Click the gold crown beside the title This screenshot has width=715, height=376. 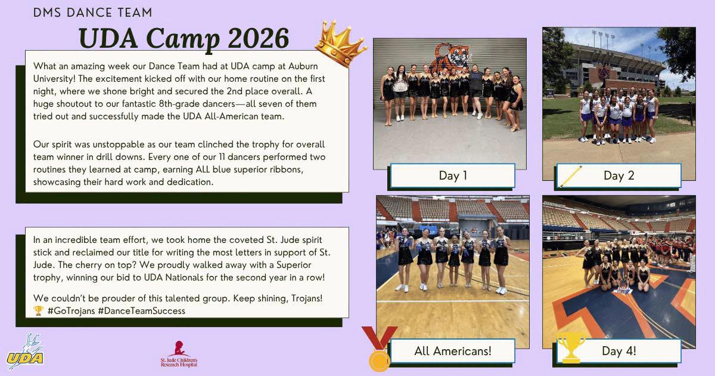[x=340, y=43]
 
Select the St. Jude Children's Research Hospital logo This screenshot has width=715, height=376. [x=179, y=354]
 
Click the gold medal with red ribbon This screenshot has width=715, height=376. [x=380, y=349]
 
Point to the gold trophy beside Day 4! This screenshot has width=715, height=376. [x=571, y=347]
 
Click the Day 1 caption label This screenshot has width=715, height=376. [x=453, y=175]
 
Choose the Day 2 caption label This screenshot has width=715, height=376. [x=618, y=175]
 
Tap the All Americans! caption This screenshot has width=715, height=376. [x=453, y=351]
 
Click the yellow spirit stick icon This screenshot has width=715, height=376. [x=571, y=177]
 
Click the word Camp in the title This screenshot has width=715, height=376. [x=183, y=40]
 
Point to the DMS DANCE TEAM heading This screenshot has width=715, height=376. [x=92, y=13]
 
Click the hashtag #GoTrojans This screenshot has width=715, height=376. [x=71, y=311]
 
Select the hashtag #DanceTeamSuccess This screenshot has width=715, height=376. [x=142, y=311]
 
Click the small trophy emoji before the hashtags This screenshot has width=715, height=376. [x=38, y=311]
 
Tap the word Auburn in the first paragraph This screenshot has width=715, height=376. [x=303, y=66]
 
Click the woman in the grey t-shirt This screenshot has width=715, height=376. [x=476, y=91]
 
